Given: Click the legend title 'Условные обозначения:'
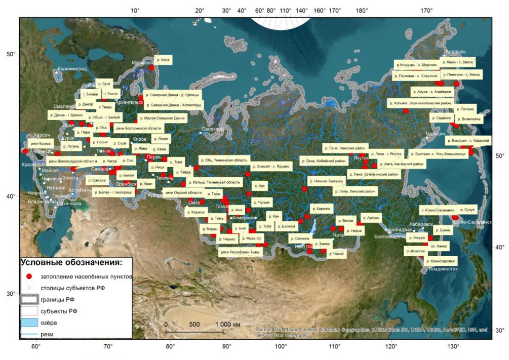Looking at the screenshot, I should point(71,263).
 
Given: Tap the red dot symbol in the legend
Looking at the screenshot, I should point(29,276).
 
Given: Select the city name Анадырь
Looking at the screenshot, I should point(455,52).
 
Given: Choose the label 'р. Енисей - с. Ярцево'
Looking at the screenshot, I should point(270,167).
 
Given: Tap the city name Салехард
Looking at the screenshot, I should point(212,129).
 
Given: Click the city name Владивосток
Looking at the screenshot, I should point(443,269).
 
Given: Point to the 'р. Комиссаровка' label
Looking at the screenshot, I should point(441,261).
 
